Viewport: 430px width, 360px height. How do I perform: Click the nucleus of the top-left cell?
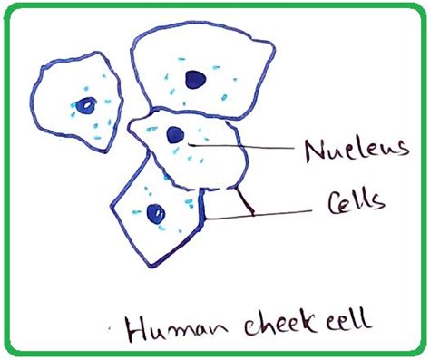(x=84, y=105)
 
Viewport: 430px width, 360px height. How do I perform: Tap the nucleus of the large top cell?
(x=193, y=80)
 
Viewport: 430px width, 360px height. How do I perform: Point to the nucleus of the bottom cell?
(x=155, y=214)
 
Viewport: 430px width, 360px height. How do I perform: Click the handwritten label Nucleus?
(x=344, y=150)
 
